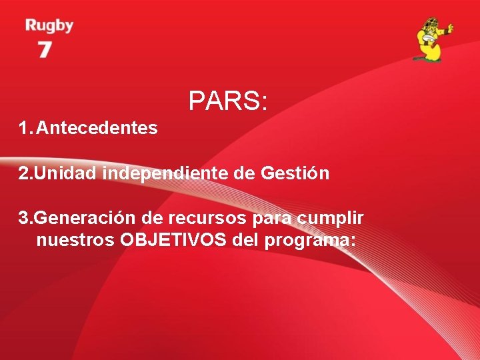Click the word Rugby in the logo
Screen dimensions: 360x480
[49, 27]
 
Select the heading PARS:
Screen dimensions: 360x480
[228, 101]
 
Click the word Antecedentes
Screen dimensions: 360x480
[97, 127]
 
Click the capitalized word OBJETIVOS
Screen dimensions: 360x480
[174, 240]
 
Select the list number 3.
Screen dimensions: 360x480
[24, 217]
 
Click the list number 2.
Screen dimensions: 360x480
[24, 173]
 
